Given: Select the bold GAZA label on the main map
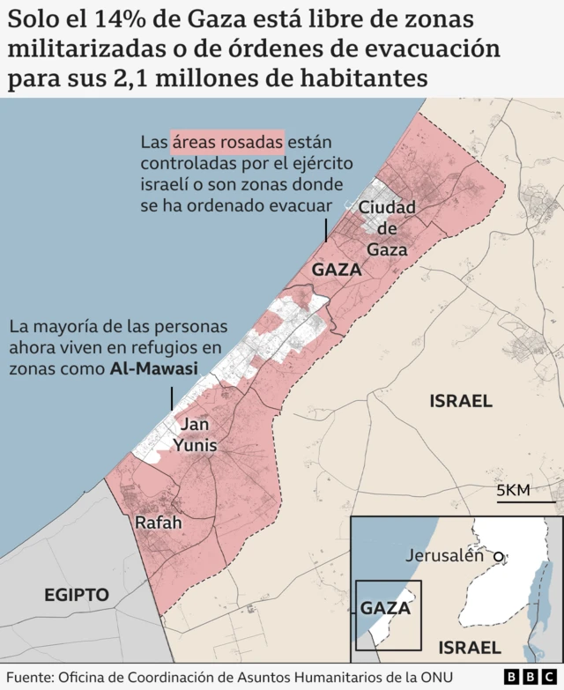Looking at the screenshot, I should [x=337, y=270].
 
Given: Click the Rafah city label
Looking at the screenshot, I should [x=159, y=523].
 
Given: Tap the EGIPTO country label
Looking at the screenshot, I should [x=77, y=595].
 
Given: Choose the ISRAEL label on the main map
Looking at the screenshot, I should [x=460, y=401].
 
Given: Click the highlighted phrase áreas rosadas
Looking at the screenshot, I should [x=227, y=141].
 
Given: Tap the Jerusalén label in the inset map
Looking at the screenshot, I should [x=445, y=555].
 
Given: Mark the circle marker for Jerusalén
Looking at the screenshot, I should [x=499, y=556].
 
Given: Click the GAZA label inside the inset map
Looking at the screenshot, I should [x=386, y=608].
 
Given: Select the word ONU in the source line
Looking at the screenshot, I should [x=446, y=677].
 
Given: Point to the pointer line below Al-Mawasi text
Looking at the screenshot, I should [x=172, y=397].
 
